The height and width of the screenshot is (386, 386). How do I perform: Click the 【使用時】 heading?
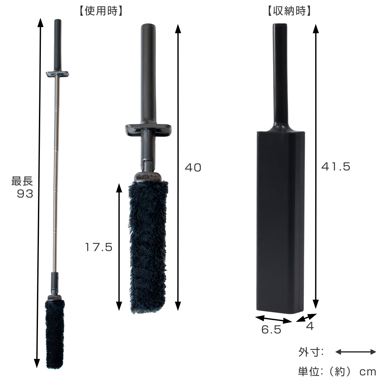[101, 11]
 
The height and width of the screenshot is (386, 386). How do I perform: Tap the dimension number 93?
[25, 194]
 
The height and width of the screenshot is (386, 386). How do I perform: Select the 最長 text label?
[22, 181]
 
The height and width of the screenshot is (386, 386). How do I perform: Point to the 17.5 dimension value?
[98, 247]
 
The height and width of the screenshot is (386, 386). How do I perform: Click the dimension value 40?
[193, 167]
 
